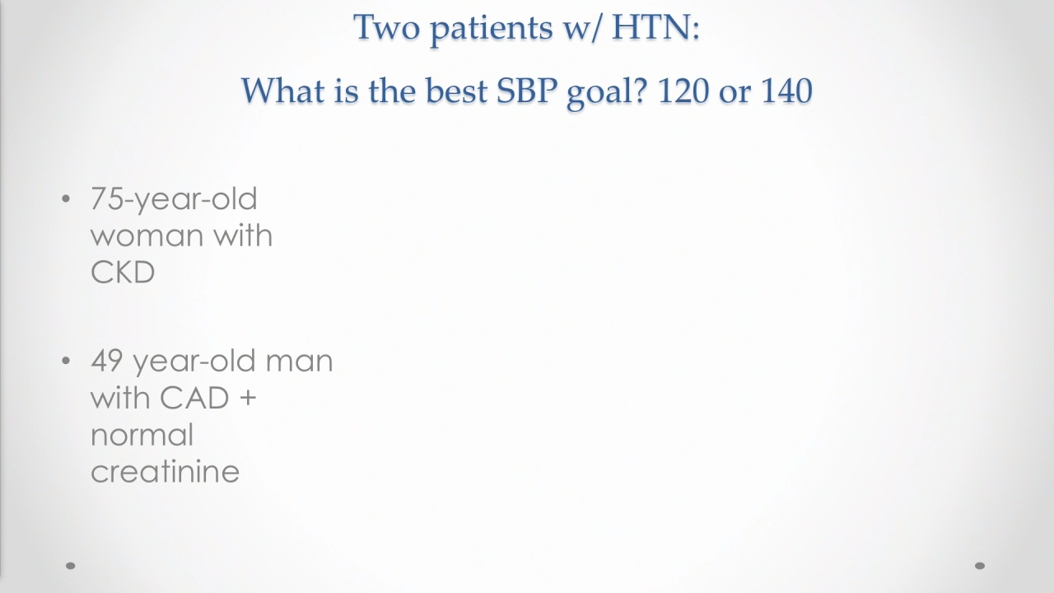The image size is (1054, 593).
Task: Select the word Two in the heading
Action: (x=386, y=27)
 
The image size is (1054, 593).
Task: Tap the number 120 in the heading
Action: (x=683, y=91)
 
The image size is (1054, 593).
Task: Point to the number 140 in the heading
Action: (x=786, y=91)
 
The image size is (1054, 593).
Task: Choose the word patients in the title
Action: (x=492, y=29)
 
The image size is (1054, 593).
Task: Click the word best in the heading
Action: (x=456, y=91)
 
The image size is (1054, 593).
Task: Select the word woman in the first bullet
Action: (x=147, y=236)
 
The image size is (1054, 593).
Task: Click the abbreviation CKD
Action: (x=123, y=272)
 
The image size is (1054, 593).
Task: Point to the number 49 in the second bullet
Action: (x=107, y=361)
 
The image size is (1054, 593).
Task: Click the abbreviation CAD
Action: (x=194, y=398)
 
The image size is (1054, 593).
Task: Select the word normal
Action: (x=142, y=435)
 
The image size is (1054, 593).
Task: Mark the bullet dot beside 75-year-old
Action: (x=66, y=198)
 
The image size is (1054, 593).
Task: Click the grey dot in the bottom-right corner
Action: (x=980, y=566)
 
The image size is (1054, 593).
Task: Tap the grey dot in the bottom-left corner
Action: (x=71, y=566)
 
